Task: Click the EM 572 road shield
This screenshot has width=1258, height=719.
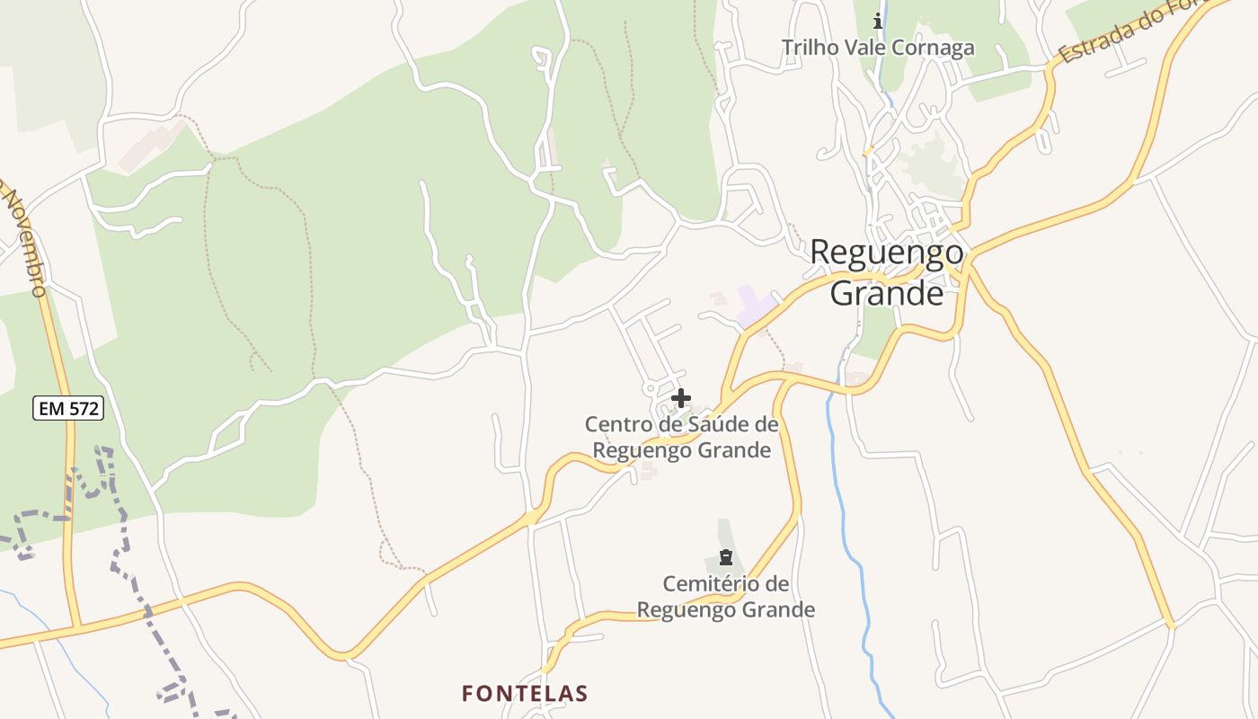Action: pos(69,409)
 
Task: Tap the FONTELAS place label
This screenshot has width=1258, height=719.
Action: pos(525,693)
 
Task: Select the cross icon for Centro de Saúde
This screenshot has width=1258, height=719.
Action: pos(681,397)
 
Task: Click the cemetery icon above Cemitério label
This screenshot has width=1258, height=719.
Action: pos(725,558)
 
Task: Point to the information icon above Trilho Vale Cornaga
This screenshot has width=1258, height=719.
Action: pos(878,20)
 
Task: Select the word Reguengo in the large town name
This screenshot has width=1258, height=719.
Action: pos(887,253)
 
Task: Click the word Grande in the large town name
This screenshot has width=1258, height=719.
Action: pos(887,292)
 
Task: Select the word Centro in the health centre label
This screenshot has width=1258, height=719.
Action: pos(618,423)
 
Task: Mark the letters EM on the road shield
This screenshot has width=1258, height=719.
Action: pos(52,409)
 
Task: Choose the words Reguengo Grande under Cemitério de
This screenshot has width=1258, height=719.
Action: pos(726,610)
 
